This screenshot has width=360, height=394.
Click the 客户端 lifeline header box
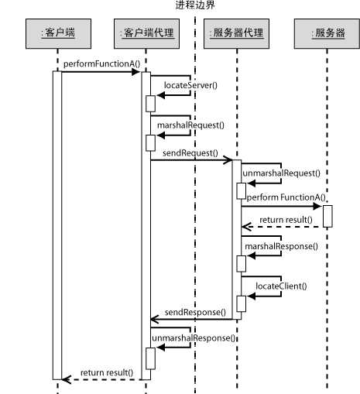[57, 35]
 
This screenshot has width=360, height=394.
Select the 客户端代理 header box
[146, 35]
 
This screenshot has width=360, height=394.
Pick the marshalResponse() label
[281, 246]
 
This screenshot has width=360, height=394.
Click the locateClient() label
[281, 286]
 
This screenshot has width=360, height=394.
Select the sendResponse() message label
[195, 311]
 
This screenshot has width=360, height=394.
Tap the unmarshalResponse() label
[194, 338]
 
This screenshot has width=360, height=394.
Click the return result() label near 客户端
[107, 372]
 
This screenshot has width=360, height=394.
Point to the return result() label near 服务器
[286, 220]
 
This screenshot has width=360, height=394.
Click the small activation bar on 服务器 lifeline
[327, 216]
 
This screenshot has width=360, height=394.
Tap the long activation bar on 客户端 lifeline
[57, 224]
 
